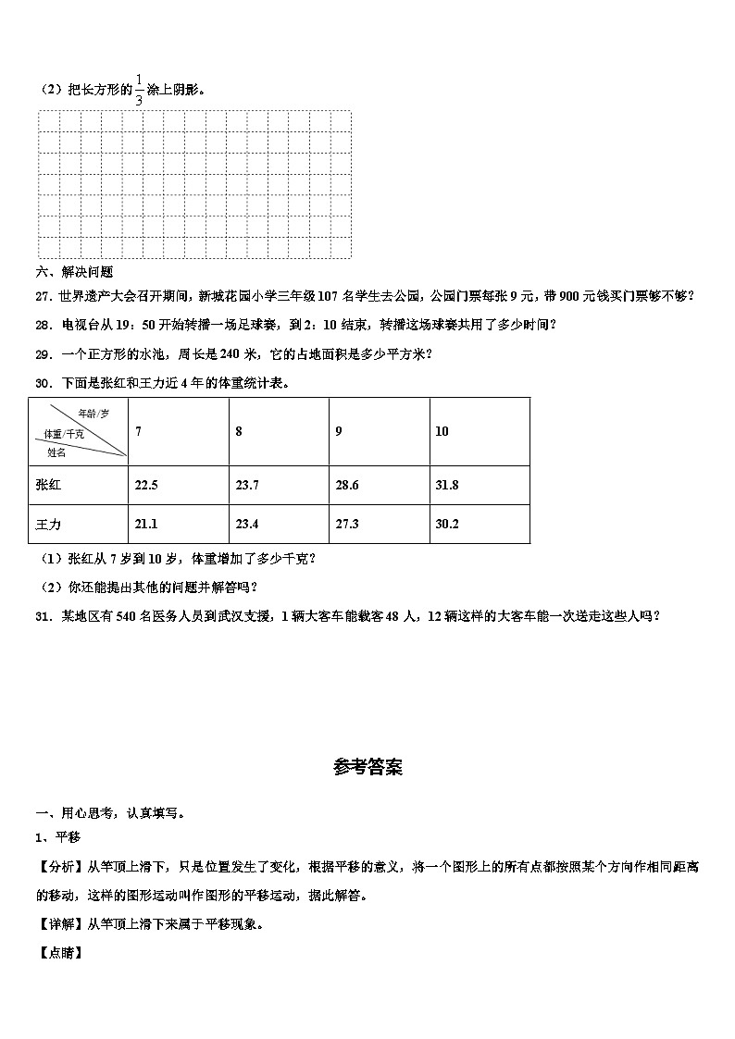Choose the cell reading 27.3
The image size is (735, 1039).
click(347, 525)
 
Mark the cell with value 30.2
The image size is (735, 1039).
click(447, 525)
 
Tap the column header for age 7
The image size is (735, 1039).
click(139, 432)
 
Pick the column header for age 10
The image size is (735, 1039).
click(442, 432)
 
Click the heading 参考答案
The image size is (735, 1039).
click(367, 768)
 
